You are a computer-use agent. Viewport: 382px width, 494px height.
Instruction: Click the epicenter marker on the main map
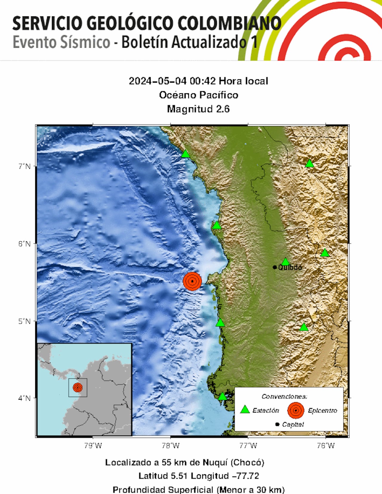[x=192, y=281]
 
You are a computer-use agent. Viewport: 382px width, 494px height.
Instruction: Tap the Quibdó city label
[x=290, y=267]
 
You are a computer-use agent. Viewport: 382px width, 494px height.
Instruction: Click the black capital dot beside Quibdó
[x=275, y=267]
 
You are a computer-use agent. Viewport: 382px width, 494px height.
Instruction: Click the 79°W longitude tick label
[x=93, y=446]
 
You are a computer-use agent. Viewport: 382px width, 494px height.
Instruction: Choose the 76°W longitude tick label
[x=326, y=446]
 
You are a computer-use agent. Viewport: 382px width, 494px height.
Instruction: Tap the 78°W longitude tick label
[x=170, y=446]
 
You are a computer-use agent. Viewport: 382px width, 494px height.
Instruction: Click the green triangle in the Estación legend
[x=245, y=410]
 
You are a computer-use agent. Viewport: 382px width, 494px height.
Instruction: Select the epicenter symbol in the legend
[x=295, y=410]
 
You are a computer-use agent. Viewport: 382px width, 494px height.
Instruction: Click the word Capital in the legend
[x=293, y=424]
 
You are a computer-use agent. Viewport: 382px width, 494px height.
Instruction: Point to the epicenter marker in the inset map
[x=78, y=388]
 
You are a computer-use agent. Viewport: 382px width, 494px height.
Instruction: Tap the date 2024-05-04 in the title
[x=158, y=81]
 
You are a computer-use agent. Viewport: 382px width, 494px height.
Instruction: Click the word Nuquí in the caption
[x=215, y=462]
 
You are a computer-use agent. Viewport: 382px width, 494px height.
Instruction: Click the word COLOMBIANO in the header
[x=229, y=24]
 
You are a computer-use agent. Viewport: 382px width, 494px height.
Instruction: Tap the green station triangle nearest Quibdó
[x=286, y=262]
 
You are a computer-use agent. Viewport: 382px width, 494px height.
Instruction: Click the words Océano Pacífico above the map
[x=198, y=95]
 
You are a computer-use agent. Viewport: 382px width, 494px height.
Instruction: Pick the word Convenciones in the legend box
[x=284, y=396]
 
